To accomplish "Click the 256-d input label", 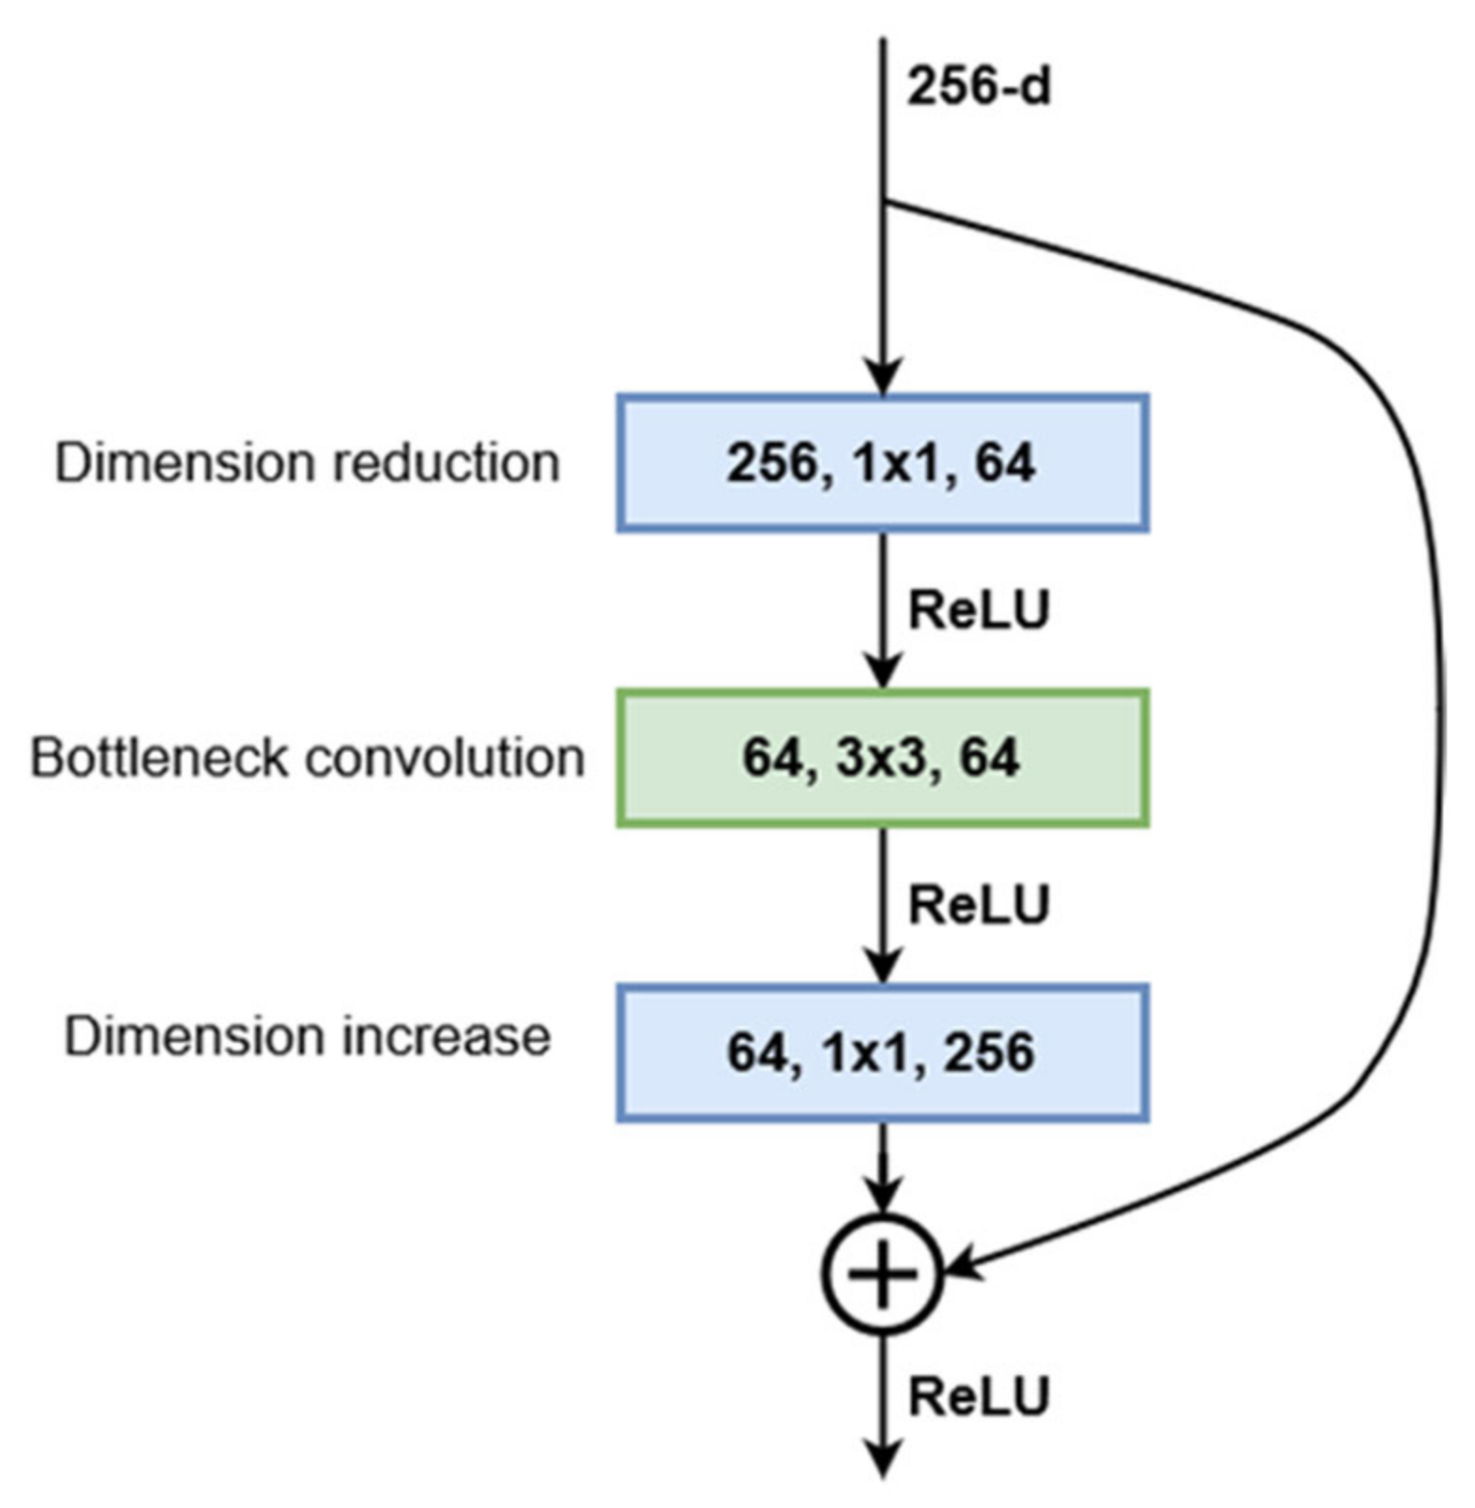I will pos(978,87).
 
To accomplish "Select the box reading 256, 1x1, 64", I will pos(881,463).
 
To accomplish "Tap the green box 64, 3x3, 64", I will pos(881,758).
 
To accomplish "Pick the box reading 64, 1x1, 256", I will pos(881,1052).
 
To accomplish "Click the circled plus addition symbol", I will pos(881,1273).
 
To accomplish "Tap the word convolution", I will pos(445,758).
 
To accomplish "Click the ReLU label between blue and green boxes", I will pos(978,611).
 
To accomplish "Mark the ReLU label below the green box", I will pos(978,905).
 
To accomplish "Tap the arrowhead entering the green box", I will pos(881,671).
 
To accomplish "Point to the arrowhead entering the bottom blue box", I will pos(881,966).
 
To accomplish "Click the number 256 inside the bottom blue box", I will pos(988,1052).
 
